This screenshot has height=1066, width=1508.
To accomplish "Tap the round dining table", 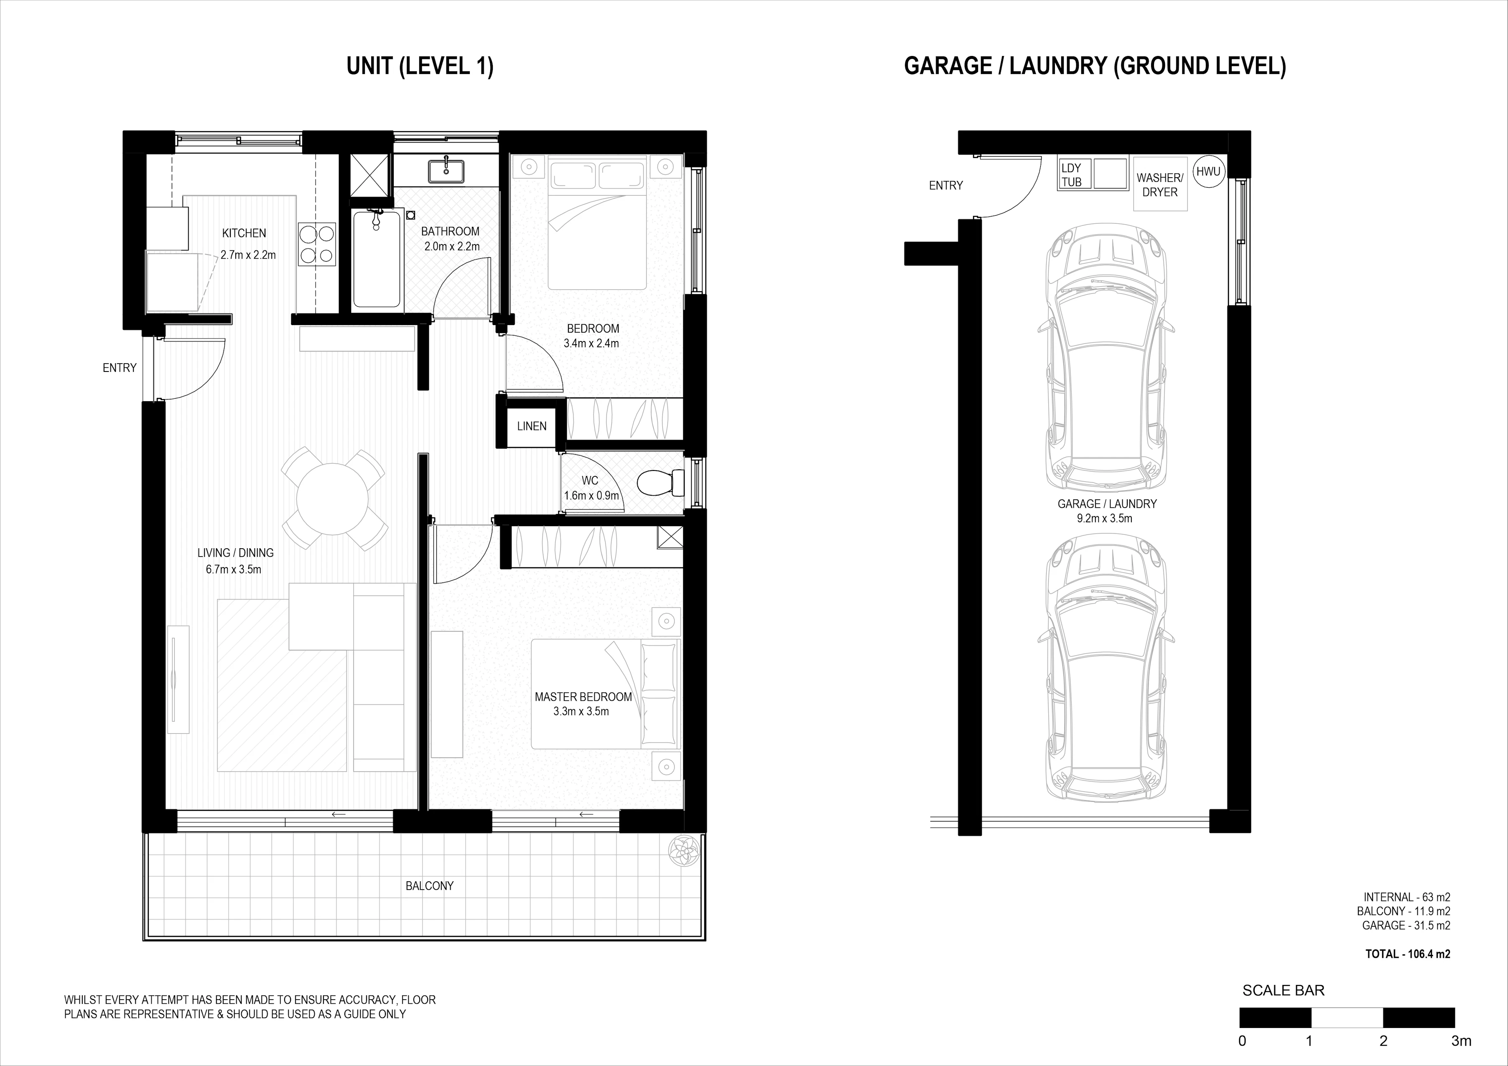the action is [x=332, y=499].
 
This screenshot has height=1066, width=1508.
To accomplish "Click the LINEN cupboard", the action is [x=531, y=426].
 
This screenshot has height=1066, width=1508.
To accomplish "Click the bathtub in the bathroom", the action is [x=376, y=259].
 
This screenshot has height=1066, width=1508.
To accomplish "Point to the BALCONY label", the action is [x=430, y=886].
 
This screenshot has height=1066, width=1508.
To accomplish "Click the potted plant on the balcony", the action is [x=683, y=852].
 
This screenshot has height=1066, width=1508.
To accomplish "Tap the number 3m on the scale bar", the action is [x=1461, y=1041].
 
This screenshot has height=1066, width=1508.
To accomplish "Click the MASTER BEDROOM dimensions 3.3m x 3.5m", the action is [x=581, y=711].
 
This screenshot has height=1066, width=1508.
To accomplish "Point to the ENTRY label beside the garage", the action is [x=946, y=186].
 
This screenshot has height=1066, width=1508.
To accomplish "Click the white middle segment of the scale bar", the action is [x=1347, y=1018].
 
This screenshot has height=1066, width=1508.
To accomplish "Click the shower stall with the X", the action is [x=370, y=176].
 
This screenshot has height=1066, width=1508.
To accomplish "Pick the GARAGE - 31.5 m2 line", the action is [x=1406, y=926].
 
